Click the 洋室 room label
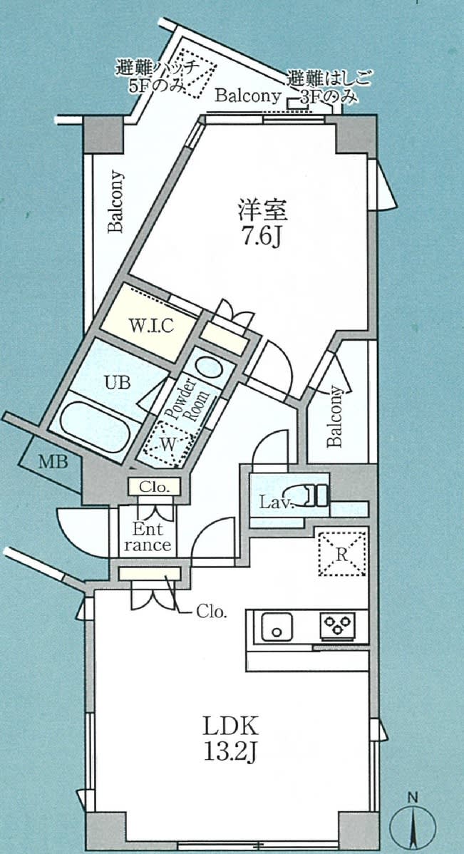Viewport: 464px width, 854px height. pyautogui.click(x=262, y=210)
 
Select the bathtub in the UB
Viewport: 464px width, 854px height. pyautogui.click(x=96, y=426)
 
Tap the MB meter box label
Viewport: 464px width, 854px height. pyautogui.click(x=53, y=463)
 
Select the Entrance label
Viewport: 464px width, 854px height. pyautogui.click(x=147, y=537)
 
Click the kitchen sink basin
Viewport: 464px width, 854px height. pyautogui.click(x=277, y=627)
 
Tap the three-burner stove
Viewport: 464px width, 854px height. pyautogui.click(x=338, y=624)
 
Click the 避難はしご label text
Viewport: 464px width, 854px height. pyautogui.click(x=331, y=80)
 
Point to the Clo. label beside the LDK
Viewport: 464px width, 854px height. pyautogui.click(x=211, y=612)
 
